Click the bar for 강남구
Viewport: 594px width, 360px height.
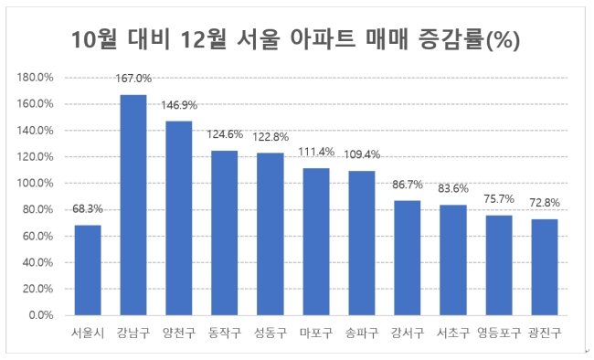pos(133,205)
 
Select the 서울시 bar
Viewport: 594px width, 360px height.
pos(88,270)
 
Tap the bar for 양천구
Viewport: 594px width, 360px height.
pos(179,218)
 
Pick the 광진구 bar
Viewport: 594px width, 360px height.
pos(545,267)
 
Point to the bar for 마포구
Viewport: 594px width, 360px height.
pos(316,242)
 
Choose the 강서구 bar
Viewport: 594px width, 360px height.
pos(408,258)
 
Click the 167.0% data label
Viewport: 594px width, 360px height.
pos(133,79)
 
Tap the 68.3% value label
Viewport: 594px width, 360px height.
pos(88,209)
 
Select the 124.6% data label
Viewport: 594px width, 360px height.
pos(225,134)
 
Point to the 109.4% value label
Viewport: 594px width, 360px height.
pos(362,154)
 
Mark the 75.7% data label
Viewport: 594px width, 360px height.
pos(499,199)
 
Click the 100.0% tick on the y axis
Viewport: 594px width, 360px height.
pos(36,183)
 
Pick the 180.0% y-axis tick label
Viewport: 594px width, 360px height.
pos(36,78)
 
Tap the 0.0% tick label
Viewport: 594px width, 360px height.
pos(41,315)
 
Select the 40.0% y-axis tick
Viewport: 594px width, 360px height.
pos(37,262)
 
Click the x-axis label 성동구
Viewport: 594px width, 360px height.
pos(270,334)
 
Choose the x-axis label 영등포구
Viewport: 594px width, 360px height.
pos(499,334)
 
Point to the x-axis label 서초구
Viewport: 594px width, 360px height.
pos(453,334)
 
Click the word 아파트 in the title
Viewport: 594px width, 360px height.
pos(323,39)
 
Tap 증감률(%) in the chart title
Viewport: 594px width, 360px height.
pos(470,39)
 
